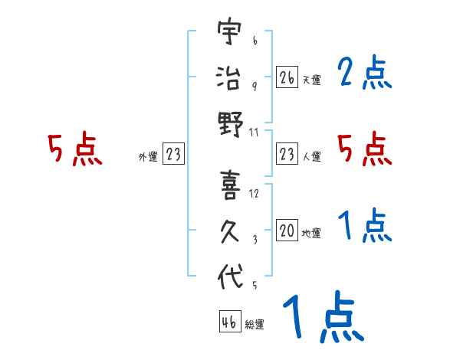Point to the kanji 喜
229,186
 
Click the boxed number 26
287,77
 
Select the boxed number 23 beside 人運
287,154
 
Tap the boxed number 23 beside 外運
173,154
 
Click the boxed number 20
287,231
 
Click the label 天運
311,80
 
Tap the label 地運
311,234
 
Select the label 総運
254,325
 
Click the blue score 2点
365,74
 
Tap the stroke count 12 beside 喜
254,194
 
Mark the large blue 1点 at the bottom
322,318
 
